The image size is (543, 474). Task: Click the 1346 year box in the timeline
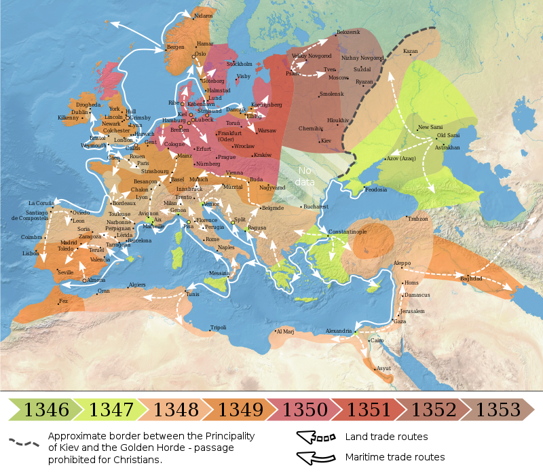(x=45, y=409)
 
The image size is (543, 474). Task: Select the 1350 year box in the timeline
(x=305, y=409)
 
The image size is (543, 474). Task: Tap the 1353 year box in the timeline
(x=498, y=409)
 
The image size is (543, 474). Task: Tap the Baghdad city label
(x=471, y=278)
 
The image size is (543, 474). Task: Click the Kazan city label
(x=410, y=51)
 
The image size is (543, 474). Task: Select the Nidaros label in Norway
(x=202, y=15)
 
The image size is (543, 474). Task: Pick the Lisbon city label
(x=31, y=253)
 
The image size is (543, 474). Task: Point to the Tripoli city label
(x=218, y=327)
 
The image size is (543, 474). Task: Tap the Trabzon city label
(x=418, y=219)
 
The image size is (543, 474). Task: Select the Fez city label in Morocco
(x=64, y=300)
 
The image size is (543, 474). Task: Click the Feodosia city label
(x=375, y=190)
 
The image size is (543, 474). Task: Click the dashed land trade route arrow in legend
(x=316, y=437)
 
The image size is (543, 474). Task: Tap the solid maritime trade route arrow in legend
(x=316, y=457)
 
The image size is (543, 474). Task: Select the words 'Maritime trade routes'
(x=394, y=457)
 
